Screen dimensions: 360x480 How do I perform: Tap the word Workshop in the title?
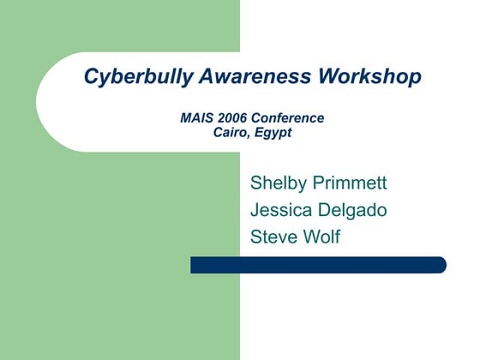coord(369,77)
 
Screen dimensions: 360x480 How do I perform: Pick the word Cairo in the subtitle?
coord(231,133)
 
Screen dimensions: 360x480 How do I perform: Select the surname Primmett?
coord(351,183)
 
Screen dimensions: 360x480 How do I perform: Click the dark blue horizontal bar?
coord(317,265)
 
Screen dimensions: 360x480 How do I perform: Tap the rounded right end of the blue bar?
coord(441,265)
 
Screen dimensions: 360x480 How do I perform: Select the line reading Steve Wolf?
coord(295,237)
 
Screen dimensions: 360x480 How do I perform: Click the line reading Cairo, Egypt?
coord(252,133)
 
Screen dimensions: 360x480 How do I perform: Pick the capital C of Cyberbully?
coord(91,77)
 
